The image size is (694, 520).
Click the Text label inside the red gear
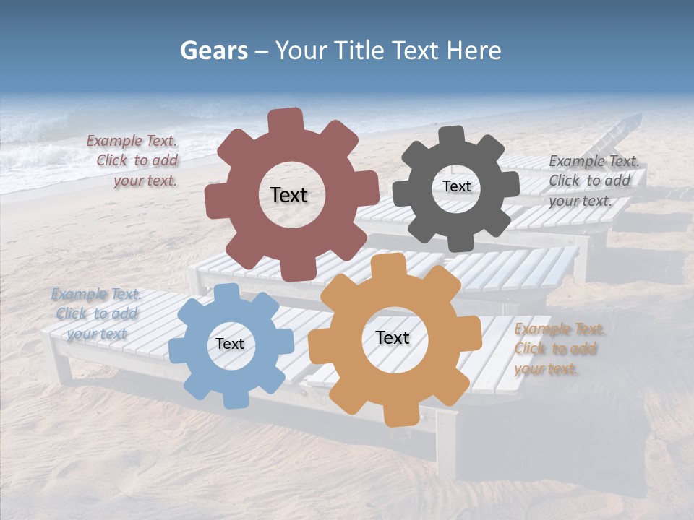pos(288,195)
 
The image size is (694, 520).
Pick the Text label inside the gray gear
pos(456,186)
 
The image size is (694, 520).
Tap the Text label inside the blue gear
pos(229,344)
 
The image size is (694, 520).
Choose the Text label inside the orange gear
pos(392,337)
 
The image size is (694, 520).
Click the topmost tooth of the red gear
pos(286,120)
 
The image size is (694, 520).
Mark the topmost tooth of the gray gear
pos(452,135)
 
